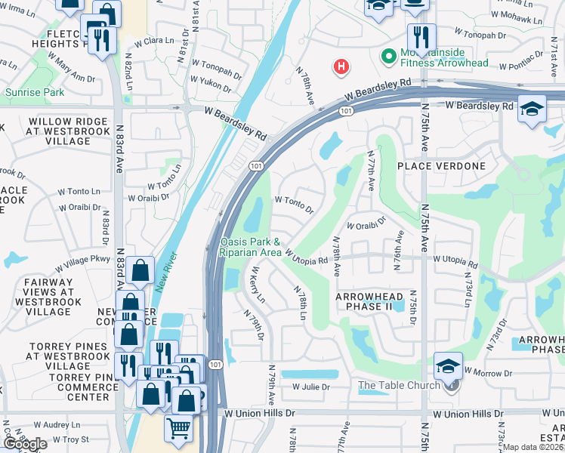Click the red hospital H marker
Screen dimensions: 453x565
click(341, 67)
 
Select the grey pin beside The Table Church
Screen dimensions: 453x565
click(451, 386)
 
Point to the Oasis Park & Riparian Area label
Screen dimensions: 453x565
click(251, 247)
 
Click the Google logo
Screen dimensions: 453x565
click(24, 444)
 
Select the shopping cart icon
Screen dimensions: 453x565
click(178, 427)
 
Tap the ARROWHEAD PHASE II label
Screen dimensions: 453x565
click(369, 302)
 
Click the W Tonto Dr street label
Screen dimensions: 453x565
click(294, 204)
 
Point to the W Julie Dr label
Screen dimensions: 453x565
click(311, 387)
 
